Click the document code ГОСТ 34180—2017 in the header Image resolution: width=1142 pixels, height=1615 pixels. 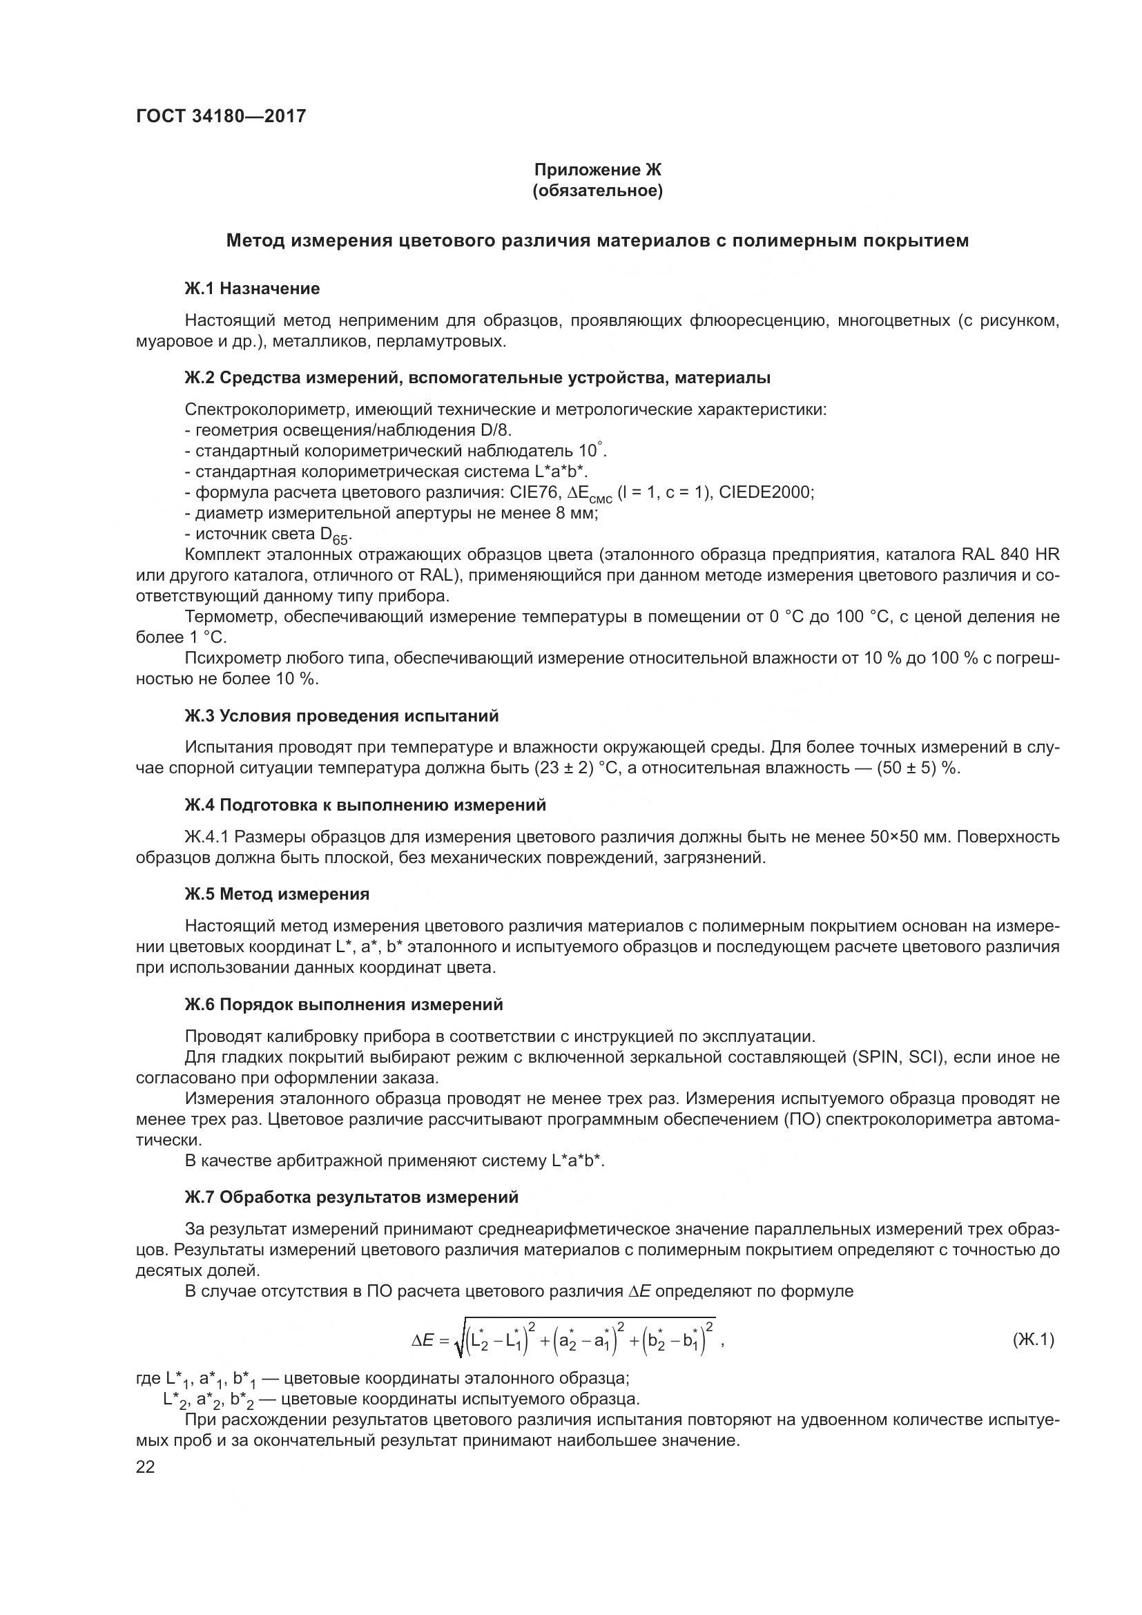[221, 116]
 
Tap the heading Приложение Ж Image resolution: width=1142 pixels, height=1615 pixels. [597, 170]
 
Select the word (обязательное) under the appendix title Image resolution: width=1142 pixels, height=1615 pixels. [597, 191]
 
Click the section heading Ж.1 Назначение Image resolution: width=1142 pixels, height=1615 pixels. [252, 289]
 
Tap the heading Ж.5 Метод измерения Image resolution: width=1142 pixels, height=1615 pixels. [276, 894]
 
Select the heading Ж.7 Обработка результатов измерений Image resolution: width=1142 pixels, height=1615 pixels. [351, 1197]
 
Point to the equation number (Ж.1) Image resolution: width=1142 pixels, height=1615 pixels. [1033, 1340]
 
